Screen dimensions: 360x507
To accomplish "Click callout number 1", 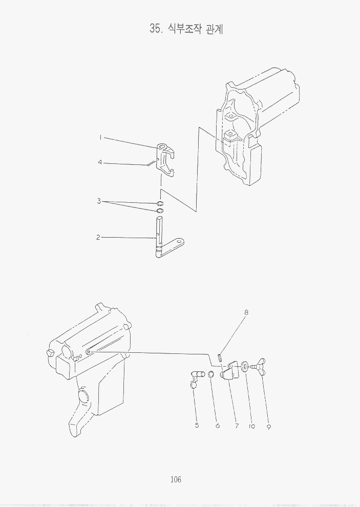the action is pos(100,137).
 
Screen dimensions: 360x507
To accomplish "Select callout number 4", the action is pos(100,162).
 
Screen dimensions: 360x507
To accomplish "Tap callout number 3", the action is pos(99,201).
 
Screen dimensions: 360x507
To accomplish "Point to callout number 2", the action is pos(98,238).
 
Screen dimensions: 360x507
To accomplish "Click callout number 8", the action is pos(246,313).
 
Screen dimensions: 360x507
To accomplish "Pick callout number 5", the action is pos(197,426).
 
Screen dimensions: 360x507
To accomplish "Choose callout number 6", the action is pos(218,426).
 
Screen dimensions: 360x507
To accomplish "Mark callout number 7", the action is pos(237,426).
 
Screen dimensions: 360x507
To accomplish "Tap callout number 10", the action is pos(252,426).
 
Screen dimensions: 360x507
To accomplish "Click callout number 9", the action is pos(269,427).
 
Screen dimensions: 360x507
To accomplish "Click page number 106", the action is pos(176,479).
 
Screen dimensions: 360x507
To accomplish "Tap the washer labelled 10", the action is pos(244,367).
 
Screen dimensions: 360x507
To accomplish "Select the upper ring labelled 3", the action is pos(160,204).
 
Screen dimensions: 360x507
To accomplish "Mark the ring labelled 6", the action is pos(210,374).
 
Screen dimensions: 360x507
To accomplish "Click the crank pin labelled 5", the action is pos(197,378).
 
